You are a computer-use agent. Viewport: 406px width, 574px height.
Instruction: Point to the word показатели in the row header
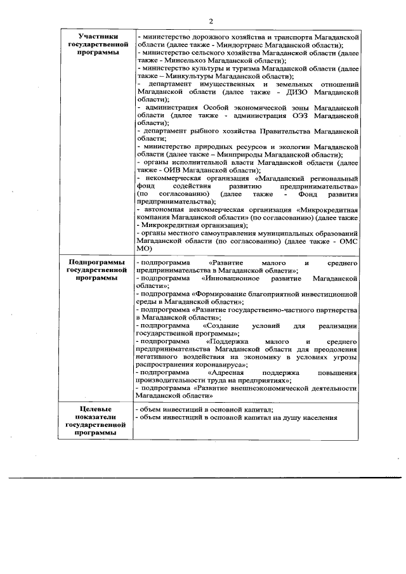[x=95, y=418]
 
